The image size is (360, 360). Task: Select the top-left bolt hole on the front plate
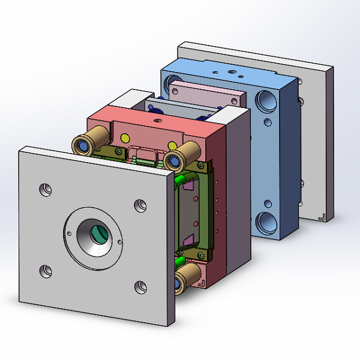(45, 190)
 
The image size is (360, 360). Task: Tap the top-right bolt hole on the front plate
(140, 205)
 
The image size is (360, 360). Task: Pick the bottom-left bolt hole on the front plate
(45, 271)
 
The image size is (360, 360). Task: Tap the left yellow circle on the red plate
(125, 139)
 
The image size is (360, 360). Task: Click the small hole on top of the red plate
(157, 120)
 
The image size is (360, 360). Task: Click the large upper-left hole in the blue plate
(173, 81)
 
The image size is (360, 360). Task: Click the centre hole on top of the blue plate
(230, 73)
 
